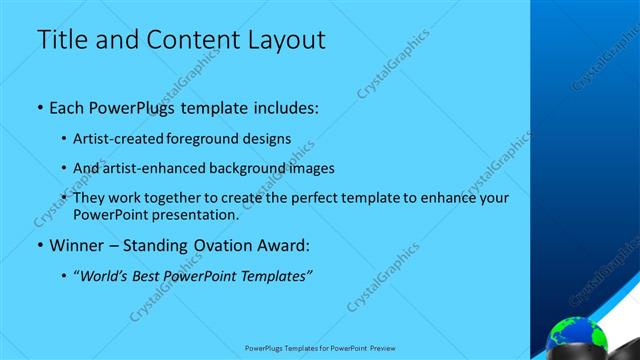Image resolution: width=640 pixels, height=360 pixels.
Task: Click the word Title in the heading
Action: point(59,40)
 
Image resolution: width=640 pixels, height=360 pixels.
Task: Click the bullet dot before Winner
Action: point(39,245)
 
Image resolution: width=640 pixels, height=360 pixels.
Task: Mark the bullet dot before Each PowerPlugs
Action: point(39,107)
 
